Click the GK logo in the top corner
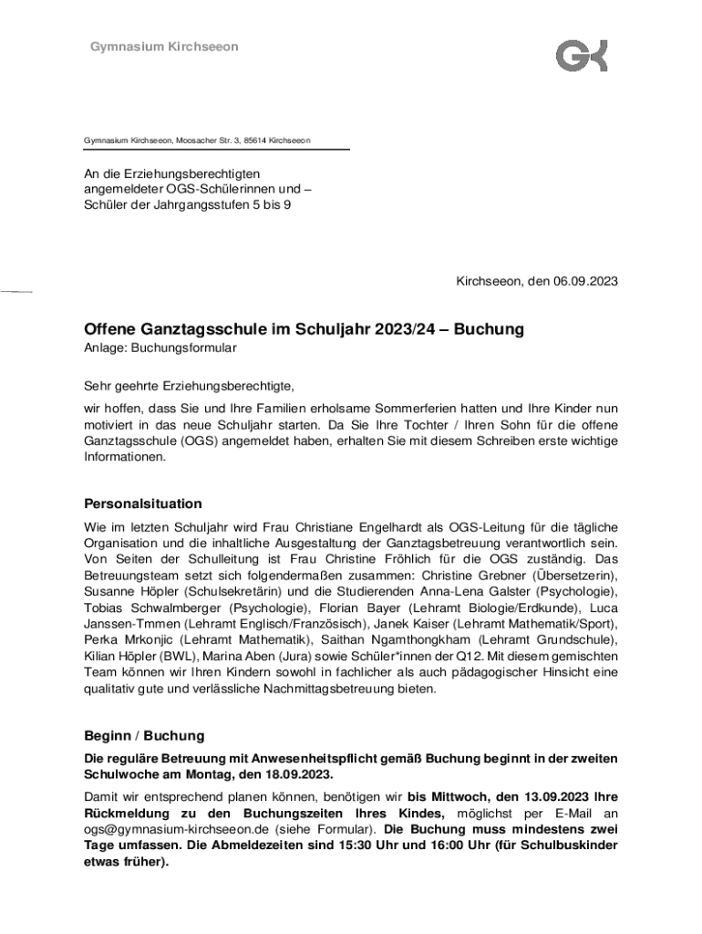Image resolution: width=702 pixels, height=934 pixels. [582, 55]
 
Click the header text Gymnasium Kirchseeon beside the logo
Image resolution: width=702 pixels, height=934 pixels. [164, 47]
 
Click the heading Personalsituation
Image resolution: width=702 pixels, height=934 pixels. [143, 503]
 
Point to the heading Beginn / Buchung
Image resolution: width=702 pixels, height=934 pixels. [144, 735]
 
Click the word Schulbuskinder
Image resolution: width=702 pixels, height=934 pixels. [568, 846]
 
